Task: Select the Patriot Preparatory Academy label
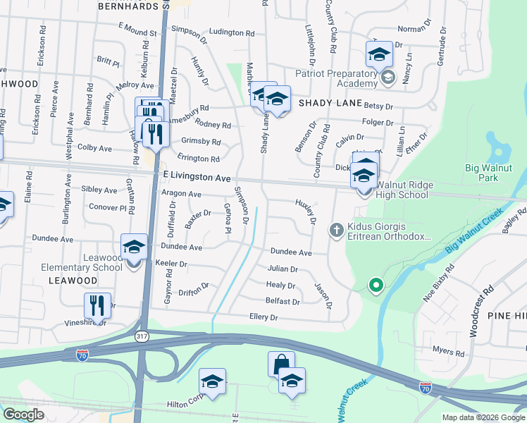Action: pos(337,78)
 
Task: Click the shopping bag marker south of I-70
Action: pos(281,364)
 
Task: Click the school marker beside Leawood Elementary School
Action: pos(134,247)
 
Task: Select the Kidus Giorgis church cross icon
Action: pos(337,229)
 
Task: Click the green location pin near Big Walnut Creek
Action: pos(376,285)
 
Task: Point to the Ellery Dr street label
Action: pos(264,318)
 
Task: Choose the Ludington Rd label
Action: pos(232,32)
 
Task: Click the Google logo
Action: pos(23,415)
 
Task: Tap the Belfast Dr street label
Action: pos(283,301)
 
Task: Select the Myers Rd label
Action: pos(448,351)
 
